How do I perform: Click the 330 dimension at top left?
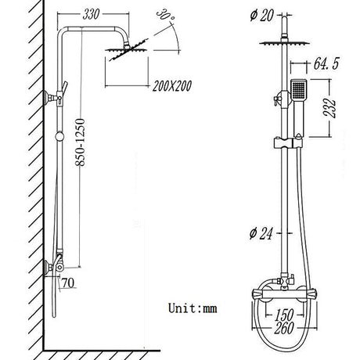[x=92, y=15]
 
